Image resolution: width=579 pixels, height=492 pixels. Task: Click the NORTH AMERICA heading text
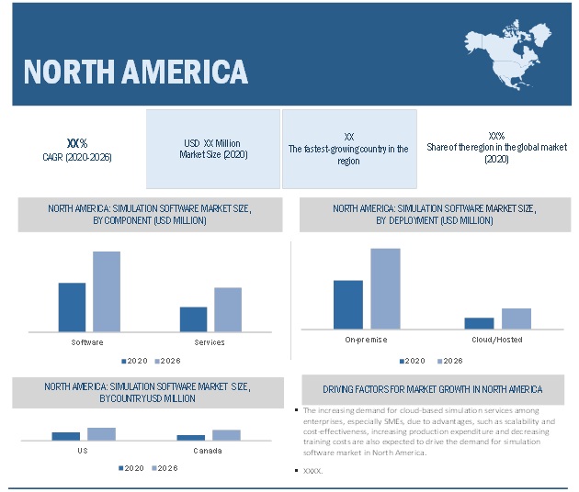click(x=135, y=72)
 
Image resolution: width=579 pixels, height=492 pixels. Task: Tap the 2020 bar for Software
click(x=72, y=307)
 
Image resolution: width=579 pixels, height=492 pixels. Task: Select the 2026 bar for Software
click(x=107, y=291)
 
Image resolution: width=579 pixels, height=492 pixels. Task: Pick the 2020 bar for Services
click(x=193, y=319)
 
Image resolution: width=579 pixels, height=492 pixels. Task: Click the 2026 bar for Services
click(x=228, y=309)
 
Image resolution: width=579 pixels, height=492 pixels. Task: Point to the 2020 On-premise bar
click(x=347, y=304)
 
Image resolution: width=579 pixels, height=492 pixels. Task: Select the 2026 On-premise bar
click(x=385, y=288)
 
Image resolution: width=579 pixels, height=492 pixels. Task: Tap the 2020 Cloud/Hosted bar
click(x=479, y=323)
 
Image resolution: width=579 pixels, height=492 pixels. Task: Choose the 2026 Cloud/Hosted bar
click(x=517, y=318)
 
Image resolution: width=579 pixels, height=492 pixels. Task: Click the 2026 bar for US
click(x=101, y=434)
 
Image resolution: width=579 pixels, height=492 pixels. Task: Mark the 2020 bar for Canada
click(x=190, y=438)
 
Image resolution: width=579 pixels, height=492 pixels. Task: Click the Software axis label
click(x=87, y=342)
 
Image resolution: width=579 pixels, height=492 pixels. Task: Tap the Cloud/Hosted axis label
click(x=497, y=340)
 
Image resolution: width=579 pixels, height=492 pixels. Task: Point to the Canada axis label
click(x=208, y=451)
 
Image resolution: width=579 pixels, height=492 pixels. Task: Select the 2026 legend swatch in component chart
click(x=157, y=361)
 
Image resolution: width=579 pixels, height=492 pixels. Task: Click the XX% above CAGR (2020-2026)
click(x=77, y=143)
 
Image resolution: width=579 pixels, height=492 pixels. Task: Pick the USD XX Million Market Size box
click(x=213, y=150)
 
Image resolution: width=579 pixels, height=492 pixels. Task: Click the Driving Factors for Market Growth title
click(x=432, y=389)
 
